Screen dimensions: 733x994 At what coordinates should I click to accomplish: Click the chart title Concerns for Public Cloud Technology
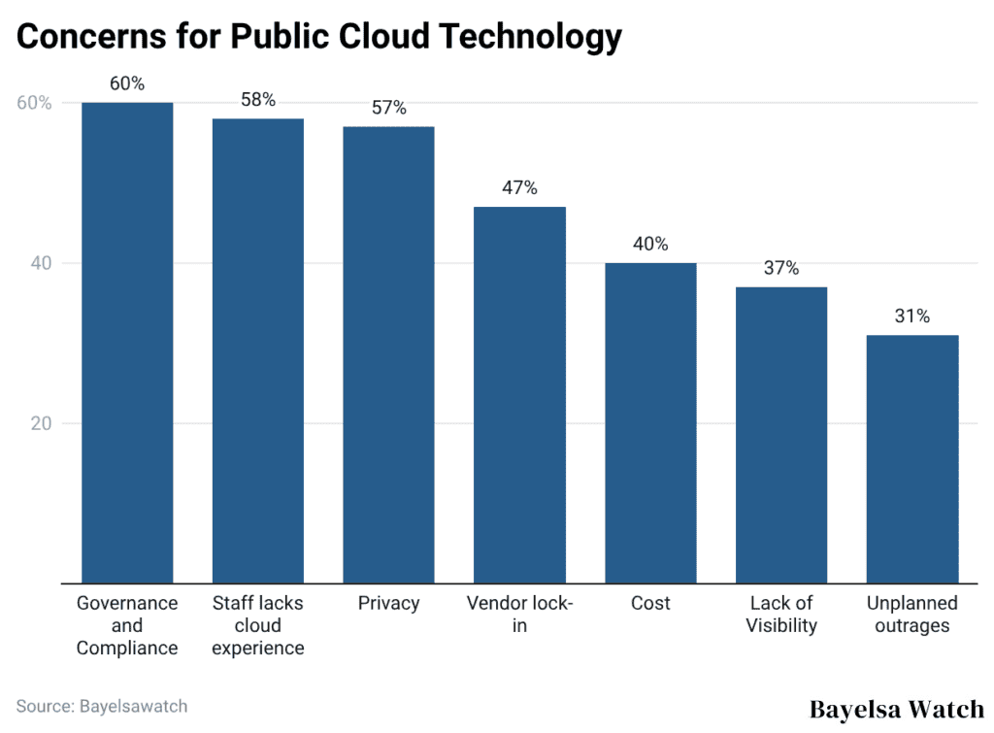(x=318, y=36)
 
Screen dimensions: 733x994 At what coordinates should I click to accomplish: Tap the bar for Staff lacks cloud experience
(x=258, y=350)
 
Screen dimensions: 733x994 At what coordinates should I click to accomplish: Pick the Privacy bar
(x=388, y=354)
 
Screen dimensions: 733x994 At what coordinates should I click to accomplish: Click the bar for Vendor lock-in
(x=519, y=394)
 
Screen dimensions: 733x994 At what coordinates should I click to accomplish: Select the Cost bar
(x=650, y=422)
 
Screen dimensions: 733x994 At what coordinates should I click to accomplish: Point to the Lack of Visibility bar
(x=781, y=434)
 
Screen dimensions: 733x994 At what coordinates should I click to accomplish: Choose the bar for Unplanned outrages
(x=912, y=458)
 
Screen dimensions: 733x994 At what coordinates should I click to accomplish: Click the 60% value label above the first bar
(x=127, y=83)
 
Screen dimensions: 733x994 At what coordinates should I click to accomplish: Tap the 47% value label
(x=519, y=188)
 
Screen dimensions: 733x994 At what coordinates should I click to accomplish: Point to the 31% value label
(x=912, y=317)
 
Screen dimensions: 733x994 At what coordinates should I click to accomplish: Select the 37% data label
(x=781, y=268)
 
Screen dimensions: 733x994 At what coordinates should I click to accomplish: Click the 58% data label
(x=258, y=100)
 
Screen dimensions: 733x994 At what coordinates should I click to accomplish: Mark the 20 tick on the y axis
(x=41, y=423)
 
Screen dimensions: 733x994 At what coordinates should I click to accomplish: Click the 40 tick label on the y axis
(x=41, y=263)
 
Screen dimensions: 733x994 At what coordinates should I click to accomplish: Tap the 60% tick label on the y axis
(x=35, y=103)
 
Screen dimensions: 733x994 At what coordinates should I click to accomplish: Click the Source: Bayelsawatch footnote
(x=102, y=706)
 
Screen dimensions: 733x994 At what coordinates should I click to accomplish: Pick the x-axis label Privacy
(x=388, y=603)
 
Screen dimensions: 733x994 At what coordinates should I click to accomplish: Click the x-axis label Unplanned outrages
(x=912, y=615)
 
